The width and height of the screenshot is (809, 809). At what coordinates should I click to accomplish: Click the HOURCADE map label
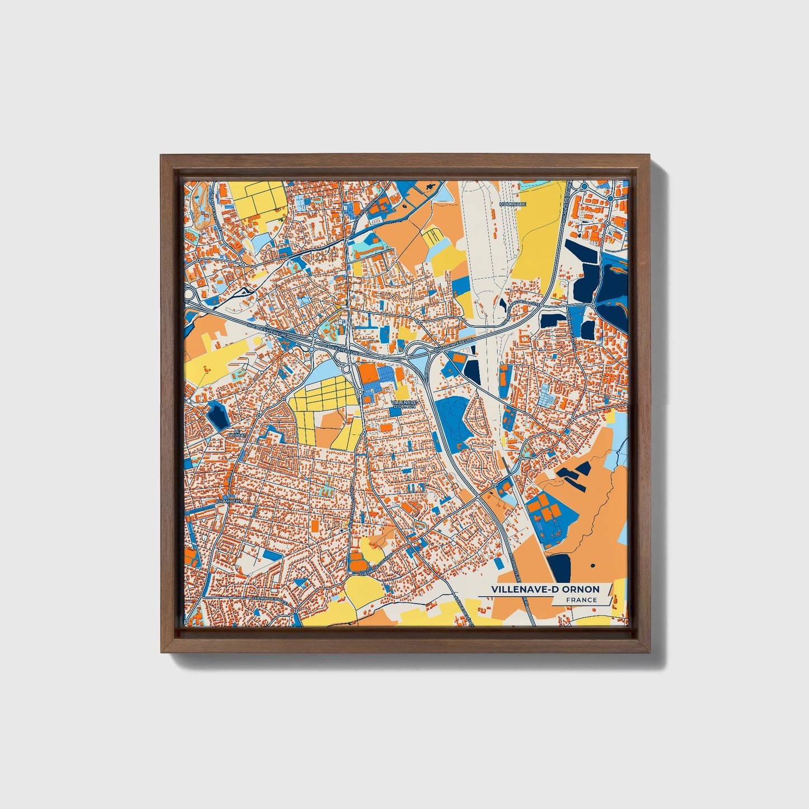coord(513,204)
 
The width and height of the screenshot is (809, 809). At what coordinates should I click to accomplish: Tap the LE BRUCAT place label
coord(233,432)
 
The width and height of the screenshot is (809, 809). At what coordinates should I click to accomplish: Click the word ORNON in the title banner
coord(581,589)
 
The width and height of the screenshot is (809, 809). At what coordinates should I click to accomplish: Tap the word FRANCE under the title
coord(581,600)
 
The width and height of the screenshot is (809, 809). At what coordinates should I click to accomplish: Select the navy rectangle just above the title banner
coord(559,568)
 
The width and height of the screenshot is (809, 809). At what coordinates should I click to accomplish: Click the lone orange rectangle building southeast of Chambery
coord(316,526)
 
